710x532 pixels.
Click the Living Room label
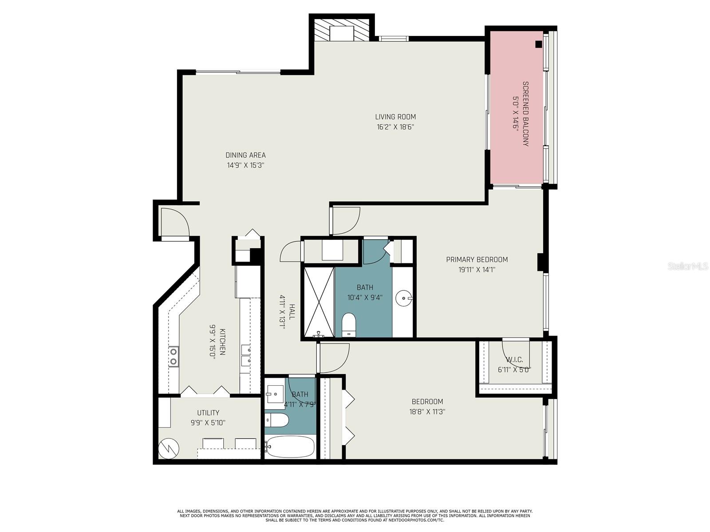point(395,117)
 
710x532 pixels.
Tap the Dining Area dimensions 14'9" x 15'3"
point(245,165)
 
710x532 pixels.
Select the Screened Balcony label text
point(526,113)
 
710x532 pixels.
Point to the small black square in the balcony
point(538,45)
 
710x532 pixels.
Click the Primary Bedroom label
point(477,259)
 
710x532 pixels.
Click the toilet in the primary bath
point(349,325)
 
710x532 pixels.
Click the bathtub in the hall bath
point(289,447)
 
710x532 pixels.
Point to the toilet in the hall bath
point(276,420)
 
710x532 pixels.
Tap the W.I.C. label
point(514,360)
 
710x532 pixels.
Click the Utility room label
point(208,412)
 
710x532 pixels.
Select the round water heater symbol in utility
point(169,447)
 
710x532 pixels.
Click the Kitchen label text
point(222,342)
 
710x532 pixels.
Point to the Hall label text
point(292,312)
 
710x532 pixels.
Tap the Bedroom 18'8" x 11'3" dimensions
point(427,411)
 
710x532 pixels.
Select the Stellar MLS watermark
point(688,266)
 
